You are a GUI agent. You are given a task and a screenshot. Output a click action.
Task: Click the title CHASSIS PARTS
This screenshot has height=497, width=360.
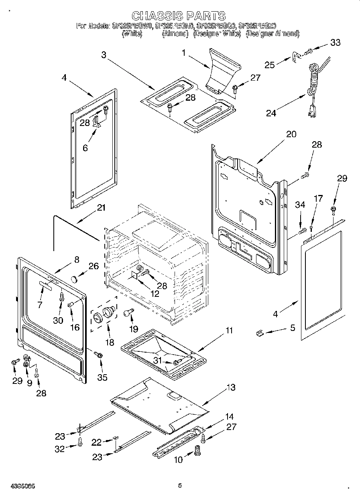(x=179, y=16)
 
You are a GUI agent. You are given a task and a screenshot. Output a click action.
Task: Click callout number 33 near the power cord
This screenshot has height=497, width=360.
(x=335, y=43)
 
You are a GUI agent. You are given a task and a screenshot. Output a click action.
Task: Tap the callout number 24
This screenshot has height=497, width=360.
(x=271, y=113)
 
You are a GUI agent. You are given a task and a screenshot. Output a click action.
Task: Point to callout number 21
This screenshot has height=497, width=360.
(x=101, y=207)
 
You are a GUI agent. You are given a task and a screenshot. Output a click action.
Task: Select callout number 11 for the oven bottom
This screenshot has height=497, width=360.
(x=229, y=331)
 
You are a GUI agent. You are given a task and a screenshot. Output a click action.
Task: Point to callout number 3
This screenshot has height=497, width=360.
(x=104, y=55)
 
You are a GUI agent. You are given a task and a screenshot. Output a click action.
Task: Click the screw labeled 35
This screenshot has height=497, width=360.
(x=99, y=355)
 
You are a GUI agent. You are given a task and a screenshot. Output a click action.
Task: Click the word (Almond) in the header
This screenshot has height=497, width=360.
(x=175, y=34)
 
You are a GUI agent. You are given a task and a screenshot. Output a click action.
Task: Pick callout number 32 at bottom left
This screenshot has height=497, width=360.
(x=60, y=449)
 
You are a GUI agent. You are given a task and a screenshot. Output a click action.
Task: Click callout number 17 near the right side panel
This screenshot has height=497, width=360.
(x=317, y=198)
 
